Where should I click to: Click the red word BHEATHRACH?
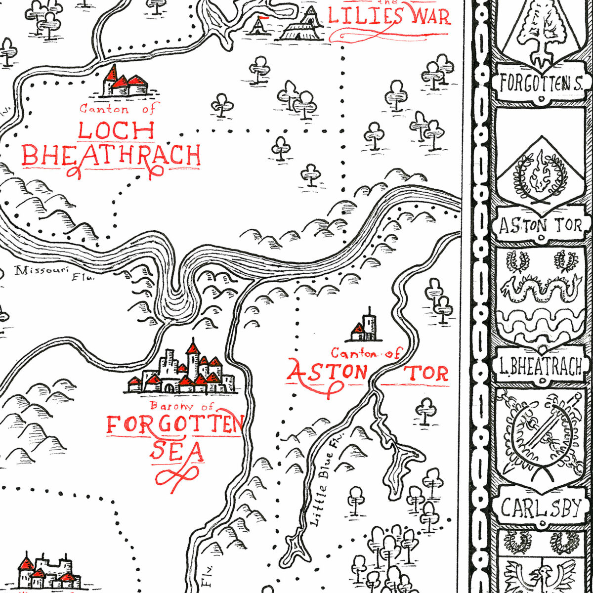coord(112,155)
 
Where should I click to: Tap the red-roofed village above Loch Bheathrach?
coord(125,82)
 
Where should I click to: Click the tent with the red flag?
coord(259,25)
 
